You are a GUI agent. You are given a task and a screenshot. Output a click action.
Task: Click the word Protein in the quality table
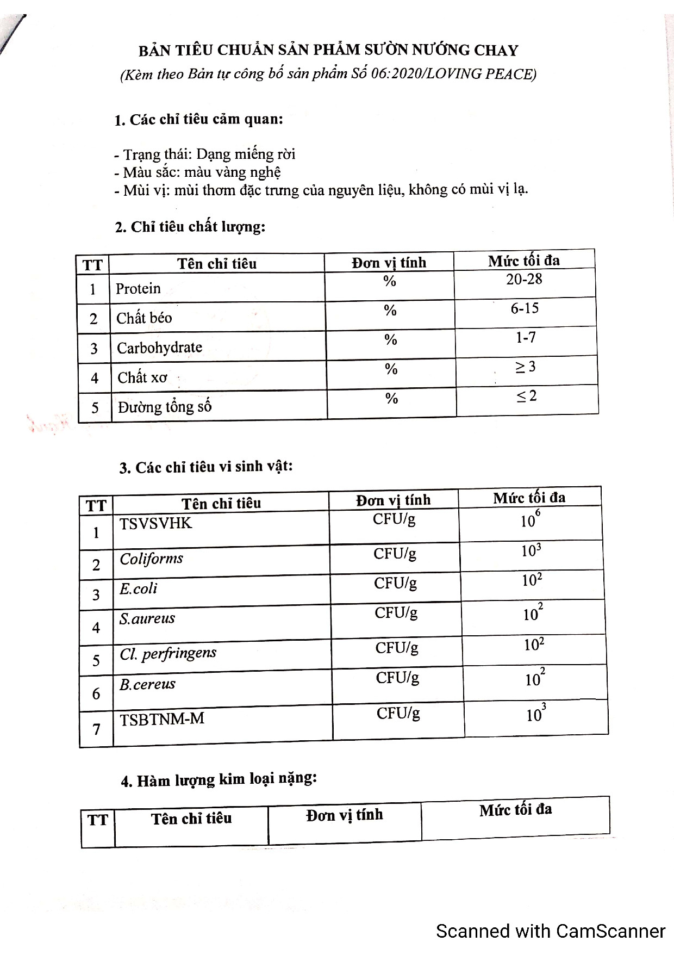tap(138, 288)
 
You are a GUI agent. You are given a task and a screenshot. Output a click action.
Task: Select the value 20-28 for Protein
tap(524, 279)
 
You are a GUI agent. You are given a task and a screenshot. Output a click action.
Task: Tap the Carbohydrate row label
tap(159, 348)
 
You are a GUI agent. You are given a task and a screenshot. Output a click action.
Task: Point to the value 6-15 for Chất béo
tap(525, 308)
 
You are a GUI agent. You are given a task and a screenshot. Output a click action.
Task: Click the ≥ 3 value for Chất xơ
tap(525, 367)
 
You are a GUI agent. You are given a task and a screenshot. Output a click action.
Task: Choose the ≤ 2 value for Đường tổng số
tap(526, 396)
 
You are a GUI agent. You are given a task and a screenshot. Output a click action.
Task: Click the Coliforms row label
tap(151, 559)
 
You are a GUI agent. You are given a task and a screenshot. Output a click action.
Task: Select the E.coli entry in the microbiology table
tap(138, 588)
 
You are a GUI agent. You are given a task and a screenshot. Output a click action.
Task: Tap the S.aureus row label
tap(147, 618)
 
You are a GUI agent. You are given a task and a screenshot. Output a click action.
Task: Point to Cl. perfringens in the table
tap(168, 654)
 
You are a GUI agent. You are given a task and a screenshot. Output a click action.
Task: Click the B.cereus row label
tap(147, 684)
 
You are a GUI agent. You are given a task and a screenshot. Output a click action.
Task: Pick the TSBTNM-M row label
tap(162, 719)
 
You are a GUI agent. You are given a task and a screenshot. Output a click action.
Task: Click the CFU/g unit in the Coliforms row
tap(395, 554)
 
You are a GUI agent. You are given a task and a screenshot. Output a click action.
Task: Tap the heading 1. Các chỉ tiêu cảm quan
tap(198, 120)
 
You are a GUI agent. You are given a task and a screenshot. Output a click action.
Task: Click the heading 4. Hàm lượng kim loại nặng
tap(219, 780)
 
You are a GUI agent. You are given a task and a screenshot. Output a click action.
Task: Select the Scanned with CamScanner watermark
tap(551, 931)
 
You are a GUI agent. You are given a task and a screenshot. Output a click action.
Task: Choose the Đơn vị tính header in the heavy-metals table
tap(345, 815)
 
